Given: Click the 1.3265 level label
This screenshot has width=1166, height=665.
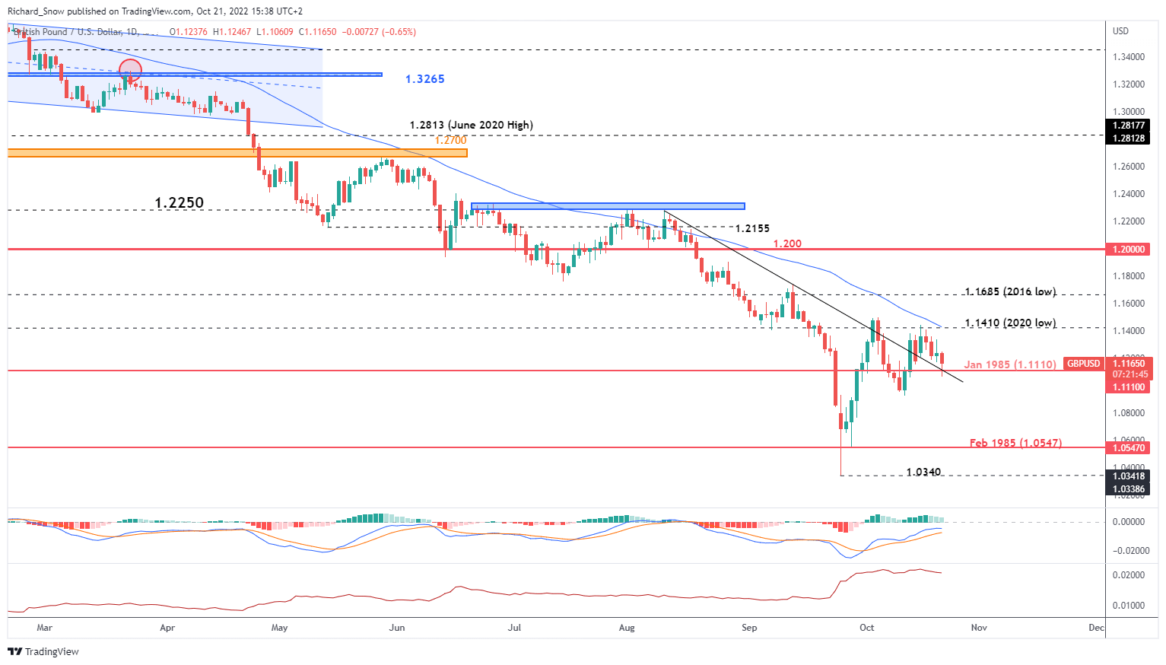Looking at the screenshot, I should point(424,79).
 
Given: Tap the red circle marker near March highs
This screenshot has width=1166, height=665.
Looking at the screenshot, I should point(130,70).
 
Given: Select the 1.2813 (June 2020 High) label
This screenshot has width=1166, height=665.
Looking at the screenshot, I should point(471,125).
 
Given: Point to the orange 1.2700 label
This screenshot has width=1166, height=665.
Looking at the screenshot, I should point(450,140).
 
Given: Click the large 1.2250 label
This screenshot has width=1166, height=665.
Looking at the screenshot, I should point(179,202).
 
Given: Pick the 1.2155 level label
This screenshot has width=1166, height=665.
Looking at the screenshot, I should point(752,228).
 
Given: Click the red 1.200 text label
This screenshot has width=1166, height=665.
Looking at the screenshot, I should point(787,243).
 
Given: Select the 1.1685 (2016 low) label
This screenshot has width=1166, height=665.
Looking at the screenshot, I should point(1010,291).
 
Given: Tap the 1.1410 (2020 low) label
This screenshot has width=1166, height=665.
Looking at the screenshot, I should point(1010,323).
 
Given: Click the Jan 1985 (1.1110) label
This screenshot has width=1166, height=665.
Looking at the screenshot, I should point(1010,364).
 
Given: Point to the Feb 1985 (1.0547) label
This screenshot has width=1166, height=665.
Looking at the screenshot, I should point(1015,443).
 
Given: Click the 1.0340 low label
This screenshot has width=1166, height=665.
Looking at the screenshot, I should point(923,472).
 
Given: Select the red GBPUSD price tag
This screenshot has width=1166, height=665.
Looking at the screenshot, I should point(1083,364).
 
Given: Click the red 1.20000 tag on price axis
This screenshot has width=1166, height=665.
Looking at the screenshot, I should point(1129,250).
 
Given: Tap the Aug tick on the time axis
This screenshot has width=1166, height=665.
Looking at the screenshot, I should point(627,628).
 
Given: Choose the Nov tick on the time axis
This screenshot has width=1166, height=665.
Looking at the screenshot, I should point(979,628).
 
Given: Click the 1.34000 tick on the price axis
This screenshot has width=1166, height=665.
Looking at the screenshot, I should point(1129,57).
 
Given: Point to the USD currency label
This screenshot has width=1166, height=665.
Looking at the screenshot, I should point(1120,31).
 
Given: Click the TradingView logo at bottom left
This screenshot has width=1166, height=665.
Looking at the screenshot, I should point(43,651).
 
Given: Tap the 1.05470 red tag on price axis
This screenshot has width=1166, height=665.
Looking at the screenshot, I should point(1129,448).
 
